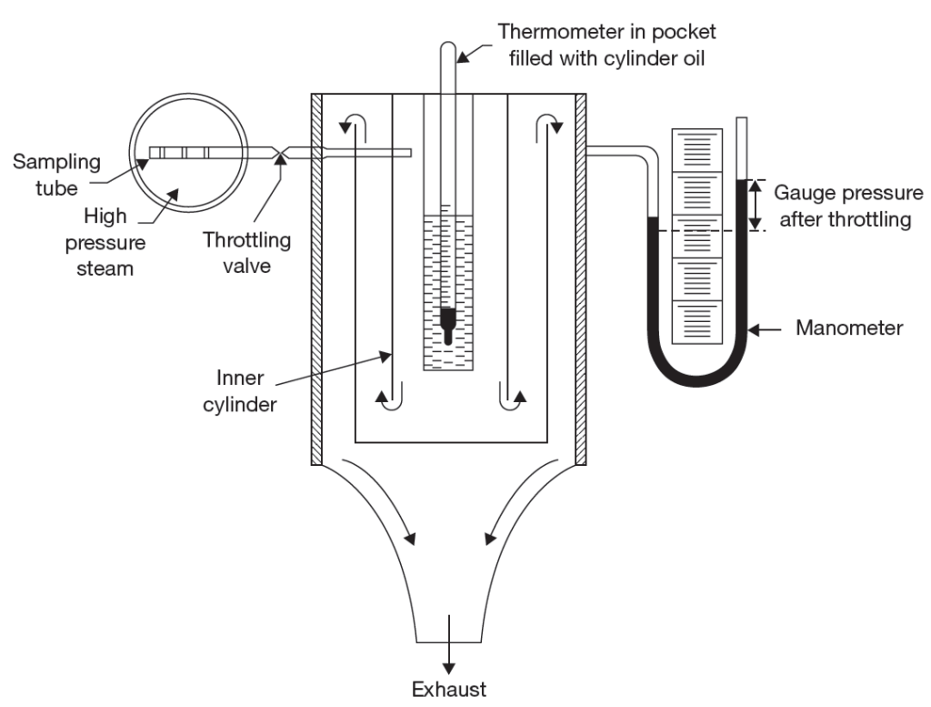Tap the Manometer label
[848, 328]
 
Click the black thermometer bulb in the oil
[448, 320]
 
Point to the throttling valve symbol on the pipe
[281, 153]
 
